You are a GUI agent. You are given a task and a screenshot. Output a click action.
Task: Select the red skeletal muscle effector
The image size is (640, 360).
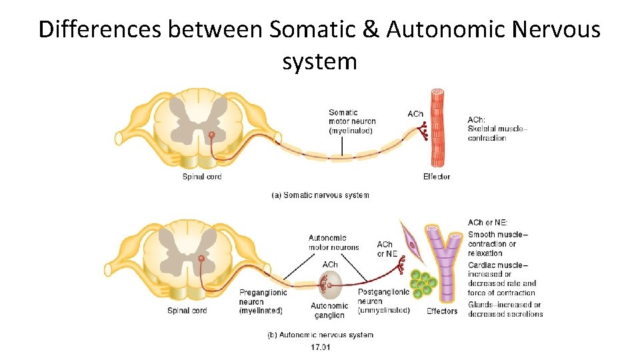(437, 128)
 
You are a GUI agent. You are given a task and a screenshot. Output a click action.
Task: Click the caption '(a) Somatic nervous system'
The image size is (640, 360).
(320, 195)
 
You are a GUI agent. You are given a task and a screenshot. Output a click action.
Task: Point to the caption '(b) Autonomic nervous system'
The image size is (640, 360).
(320, 335)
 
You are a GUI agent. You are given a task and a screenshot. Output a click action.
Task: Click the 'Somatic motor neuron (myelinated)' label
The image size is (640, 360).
(351, 121)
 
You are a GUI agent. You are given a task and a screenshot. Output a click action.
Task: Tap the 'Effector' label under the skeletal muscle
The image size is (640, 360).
(437, 177)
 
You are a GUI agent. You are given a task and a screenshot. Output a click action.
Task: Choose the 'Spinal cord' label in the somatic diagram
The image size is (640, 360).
(202, 177)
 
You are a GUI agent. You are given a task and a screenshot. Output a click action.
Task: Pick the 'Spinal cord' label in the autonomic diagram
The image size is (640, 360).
(187, 311)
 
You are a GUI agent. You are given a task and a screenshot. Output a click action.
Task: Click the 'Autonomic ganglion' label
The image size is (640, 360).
(329, 311)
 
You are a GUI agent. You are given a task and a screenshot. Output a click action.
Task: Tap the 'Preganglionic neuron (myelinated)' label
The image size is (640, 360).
(262, 301)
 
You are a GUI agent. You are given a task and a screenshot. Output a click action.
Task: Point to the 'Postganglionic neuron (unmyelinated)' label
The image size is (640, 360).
(383, 301)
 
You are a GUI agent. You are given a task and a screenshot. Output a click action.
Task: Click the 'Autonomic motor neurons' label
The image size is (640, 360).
(333, 243)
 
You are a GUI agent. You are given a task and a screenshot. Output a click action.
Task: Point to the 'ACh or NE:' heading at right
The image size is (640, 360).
(487, 223)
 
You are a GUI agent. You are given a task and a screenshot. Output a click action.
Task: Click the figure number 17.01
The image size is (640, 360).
(320, 347)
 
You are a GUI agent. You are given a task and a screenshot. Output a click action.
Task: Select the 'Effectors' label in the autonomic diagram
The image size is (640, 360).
(442, 311)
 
